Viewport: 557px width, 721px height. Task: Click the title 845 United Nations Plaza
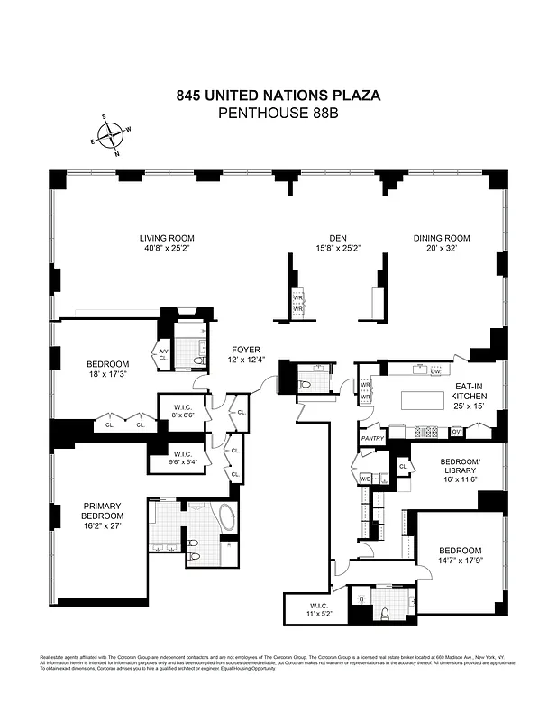[x=278, y=95]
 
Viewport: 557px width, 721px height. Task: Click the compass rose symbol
[x=111, y=135]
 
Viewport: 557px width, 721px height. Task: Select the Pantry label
[x=372, y=439]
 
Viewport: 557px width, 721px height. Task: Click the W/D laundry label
[x=366, y=478]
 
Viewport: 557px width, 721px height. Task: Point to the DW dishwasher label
[x=434, y=371]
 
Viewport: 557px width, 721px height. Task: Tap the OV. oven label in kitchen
[x=456, y=432]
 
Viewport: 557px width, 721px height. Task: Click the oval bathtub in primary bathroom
[x=225, y=519]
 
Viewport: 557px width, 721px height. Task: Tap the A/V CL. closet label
[x=163, y=353]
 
